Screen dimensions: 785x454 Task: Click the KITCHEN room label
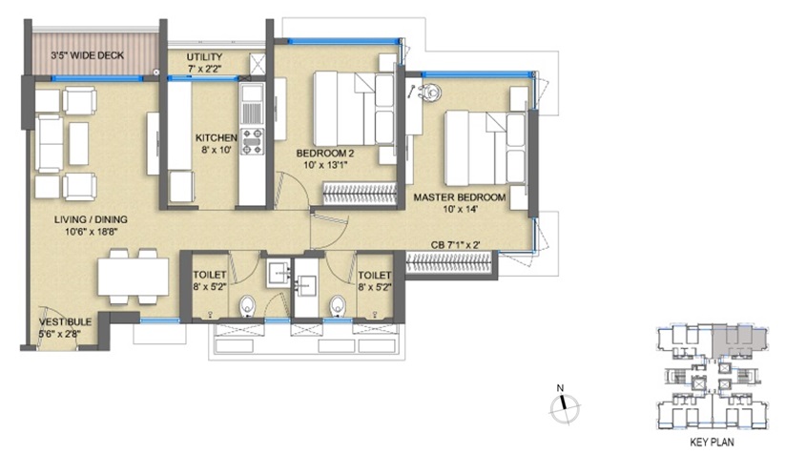coord(217,137)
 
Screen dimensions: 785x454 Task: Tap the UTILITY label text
coord(204,57)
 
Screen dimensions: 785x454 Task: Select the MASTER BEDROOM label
coord(459,197)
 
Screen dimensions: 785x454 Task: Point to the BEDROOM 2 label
coord(321,154)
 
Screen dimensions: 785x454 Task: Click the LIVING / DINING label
coord(91,219)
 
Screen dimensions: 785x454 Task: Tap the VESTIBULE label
coord(65,321)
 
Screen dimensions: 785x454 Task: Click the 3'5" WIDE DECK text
coord(87,55)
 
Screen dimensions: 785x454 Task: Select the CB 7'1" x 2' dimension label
coord(456,245)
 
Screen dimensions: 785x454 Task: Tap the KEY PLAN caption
coord(712,442)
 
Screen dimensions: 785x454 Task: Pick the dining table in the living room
coord(134,277)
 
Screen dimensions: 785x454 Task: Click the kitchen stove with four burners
coord(253,140)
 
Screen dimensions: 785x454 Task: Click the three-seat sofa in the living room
coord(49,144)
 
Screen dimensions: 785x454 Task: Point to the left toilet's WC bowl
coord(247,306)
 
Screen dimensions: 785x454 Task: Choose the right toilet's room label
coord(375,280)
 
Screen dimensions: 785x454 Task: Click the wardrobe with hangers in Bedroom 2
coord(360,194)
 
